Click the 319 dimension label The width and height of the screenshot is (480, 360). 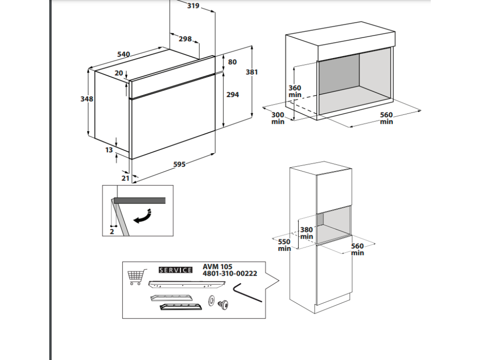193,6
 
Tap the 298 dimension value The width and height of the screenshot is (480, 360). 185,39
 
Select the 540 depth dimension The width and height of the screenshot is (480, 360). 123,54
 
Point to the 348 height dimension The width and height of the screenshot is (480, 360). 87,99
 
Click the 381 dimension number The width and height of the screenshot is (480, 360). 252,72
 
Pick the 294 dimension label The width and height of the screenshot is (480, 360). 232,95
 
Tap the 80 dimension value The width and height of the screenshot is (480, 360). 232,62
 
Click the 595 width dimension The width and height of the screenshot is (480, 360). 180,165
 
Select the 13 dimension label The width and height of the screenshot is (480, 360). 109,150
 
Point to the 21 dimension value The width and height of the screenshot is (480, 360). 125,178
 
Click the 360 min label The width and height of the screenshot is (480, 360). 295,91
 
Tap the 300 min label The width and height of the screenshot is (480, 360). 278,118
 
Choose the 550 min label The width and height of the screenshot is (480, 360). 285,245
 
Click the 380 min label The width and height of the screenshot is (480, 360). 307,233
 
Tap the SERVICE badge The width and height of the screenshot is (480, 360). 176,270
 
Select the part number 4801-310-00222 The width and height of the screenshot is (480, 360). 230,274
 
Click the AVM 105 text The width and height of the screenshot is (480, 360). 217,267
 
